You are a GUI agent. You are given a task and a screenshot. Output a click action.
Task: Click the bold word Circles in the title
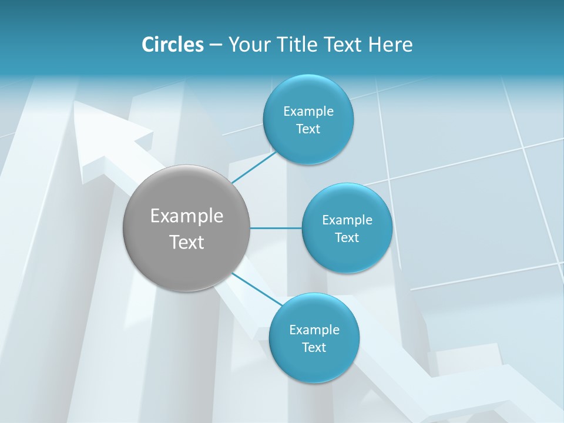click(x=172, y=45)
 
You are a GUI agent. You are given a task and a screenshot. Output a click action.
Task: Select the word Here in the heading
click(x=391, y=45)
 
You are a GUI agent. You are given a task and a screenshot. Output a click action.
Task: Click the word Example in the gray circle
click(x=187, y=216)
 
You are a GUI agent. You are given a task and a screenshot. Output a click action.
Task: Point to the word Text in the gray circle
click(x=187, y=242)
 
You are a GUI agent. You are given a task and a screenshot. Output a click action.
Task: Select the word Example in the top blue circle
click(x=308, y=112)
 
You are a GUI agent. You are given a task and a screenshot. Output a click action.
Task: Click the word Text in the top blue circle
click(x=308, y=129)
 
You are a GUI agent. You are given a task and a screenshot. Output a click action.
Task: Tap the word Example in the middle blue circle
click(x=347, y=220)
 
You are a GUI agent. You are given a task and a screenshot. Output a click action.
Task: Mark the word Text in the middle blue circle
click(x=347, y=238)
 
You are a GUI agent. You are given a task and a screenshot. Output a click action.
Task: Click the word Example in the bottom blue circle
click(x=314, y=330)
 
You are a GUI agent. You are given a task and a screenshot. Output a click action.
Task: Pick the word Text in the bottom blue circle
click(x=314, y=348)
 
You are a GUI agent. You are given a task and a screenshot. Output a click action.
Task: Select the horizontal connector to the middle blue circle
click(x=276, y=228)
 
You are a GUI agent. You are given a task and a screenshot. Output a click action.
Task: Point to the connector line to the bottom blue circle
click(x=257, y=289)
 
